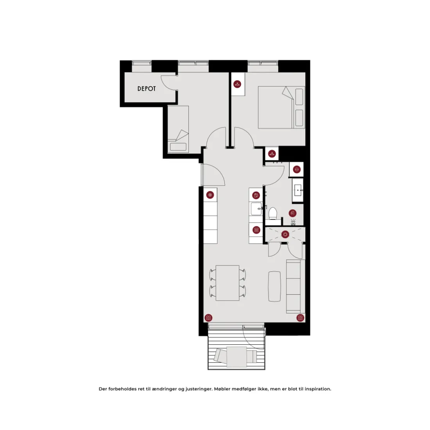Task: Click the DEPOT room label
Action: tap(147, 89)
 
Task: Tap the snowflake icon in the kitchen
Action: tap(210, 195)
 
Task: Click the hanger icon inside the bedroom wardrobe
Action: tap(237, 84)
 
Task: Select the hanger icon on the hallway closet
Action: tap(272, 154)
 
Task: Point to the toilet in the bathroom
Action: tap(272, 213)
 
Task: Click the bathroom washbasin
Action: tap(298, 190)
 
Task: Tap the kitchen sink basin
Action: tap(256, 209)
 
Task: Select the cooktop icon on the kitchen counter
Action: tap(256, 230)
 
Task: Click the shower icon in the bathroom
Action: tap(293, 213)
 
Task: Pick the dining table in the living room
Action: tap(228, 283)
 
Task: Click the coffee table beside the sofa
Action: tap(274, 286)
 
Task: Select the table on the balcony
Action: tap(237, 357)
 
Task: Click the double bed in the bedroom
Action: tap(281, 107)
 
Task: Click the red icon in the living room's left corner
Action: tap(208, 318)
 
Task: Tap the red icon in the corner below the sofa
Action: tap(300, 318)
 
